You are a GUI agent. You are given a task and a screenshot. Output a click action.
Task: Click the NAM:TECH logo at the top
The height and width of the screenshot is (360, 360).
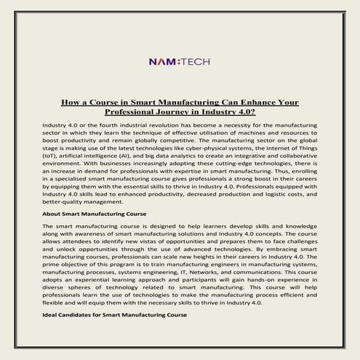(179, 62)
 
